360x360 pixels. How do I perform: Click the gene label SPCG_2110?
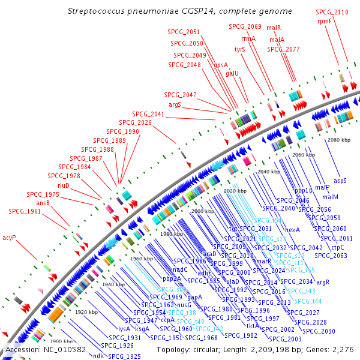pos(332,12)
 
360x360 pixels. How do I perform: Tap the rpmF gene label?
pos(325,20)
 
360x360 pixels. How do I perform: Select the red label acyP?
pos(9,238)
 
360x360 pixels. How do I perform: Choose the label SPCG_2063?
pos(331,255)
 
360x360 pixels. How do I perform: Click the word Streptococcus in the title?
pos(98,11)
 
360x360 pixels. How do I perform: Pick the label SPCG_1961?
pos(25,211)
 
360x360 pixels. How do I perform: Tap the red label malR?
pos(274,28)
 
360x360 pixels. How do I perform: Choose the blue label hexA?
pos(292,230)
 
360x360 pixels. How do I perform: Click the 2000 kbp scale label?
pos(203,212)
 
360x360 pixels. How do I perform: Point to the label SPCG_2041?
pos(148,114)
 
